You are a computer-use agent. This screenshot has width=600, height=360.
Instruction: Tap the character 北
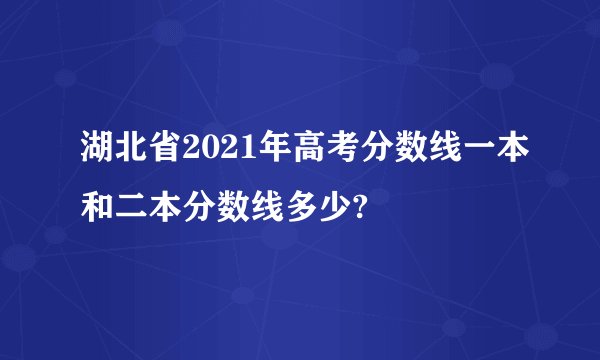pos(130,153)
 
